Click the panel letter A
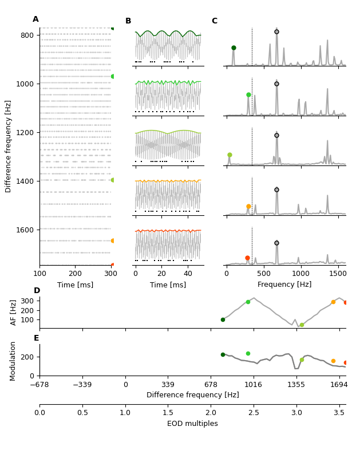tap(35, 19)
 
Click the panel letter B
tap(128, 21)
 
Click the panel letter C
tap(214, 21)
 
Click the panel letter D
tap(37, 291)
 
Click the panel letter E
tap(37, 338)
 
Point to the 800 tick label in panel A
tap(27, 35)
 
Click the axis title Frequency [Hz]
tap(284, 285)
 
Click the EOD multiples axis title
tap(192, 424)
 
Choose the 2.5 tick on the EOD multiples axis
tap(254, 412)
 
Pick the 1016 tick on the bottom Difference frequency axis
tap(254, 385)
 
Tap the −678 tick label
tap(39, 385)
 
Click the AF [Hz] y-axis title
tap(14, 312)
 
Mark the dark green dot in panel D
tap(223, 319)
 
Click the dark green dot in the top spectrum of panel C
tap(234, 48)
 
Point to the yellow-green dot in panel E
tap(302, 360)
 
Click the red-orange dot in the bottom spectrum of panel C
tap(247, 258)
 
